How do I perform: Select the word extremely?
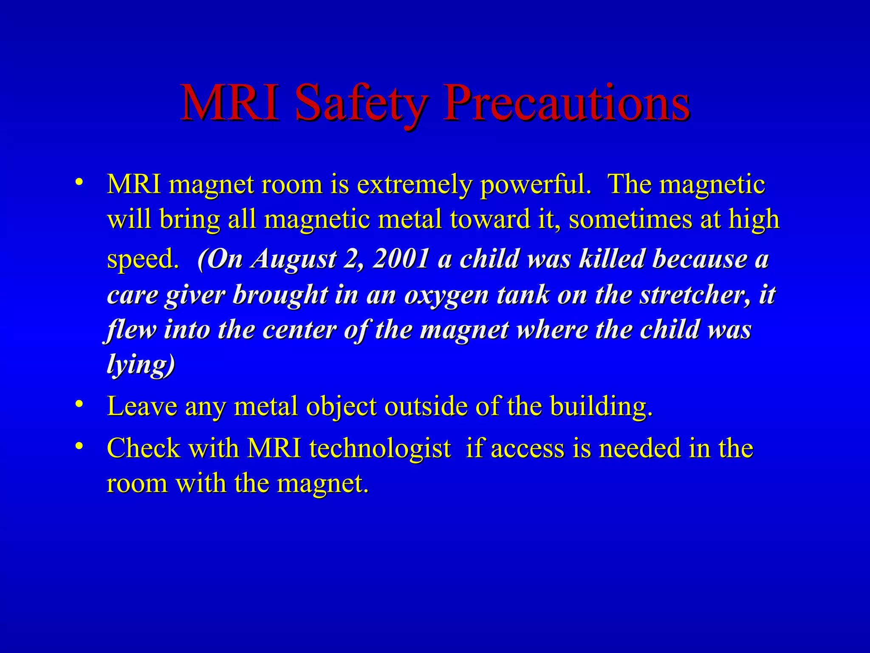tap(414, 185)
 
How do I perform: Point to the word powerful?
tap(536, 186)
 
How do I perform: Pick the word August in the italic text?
tap(294, 259)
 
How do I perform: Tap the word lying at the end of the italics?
tap(140, 365)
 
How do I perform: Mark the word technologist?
tap(380, 449)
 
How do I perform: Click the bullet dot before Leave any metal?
tap(79, 404)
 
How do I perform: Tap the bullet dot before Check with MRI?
tap(79, 446)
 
